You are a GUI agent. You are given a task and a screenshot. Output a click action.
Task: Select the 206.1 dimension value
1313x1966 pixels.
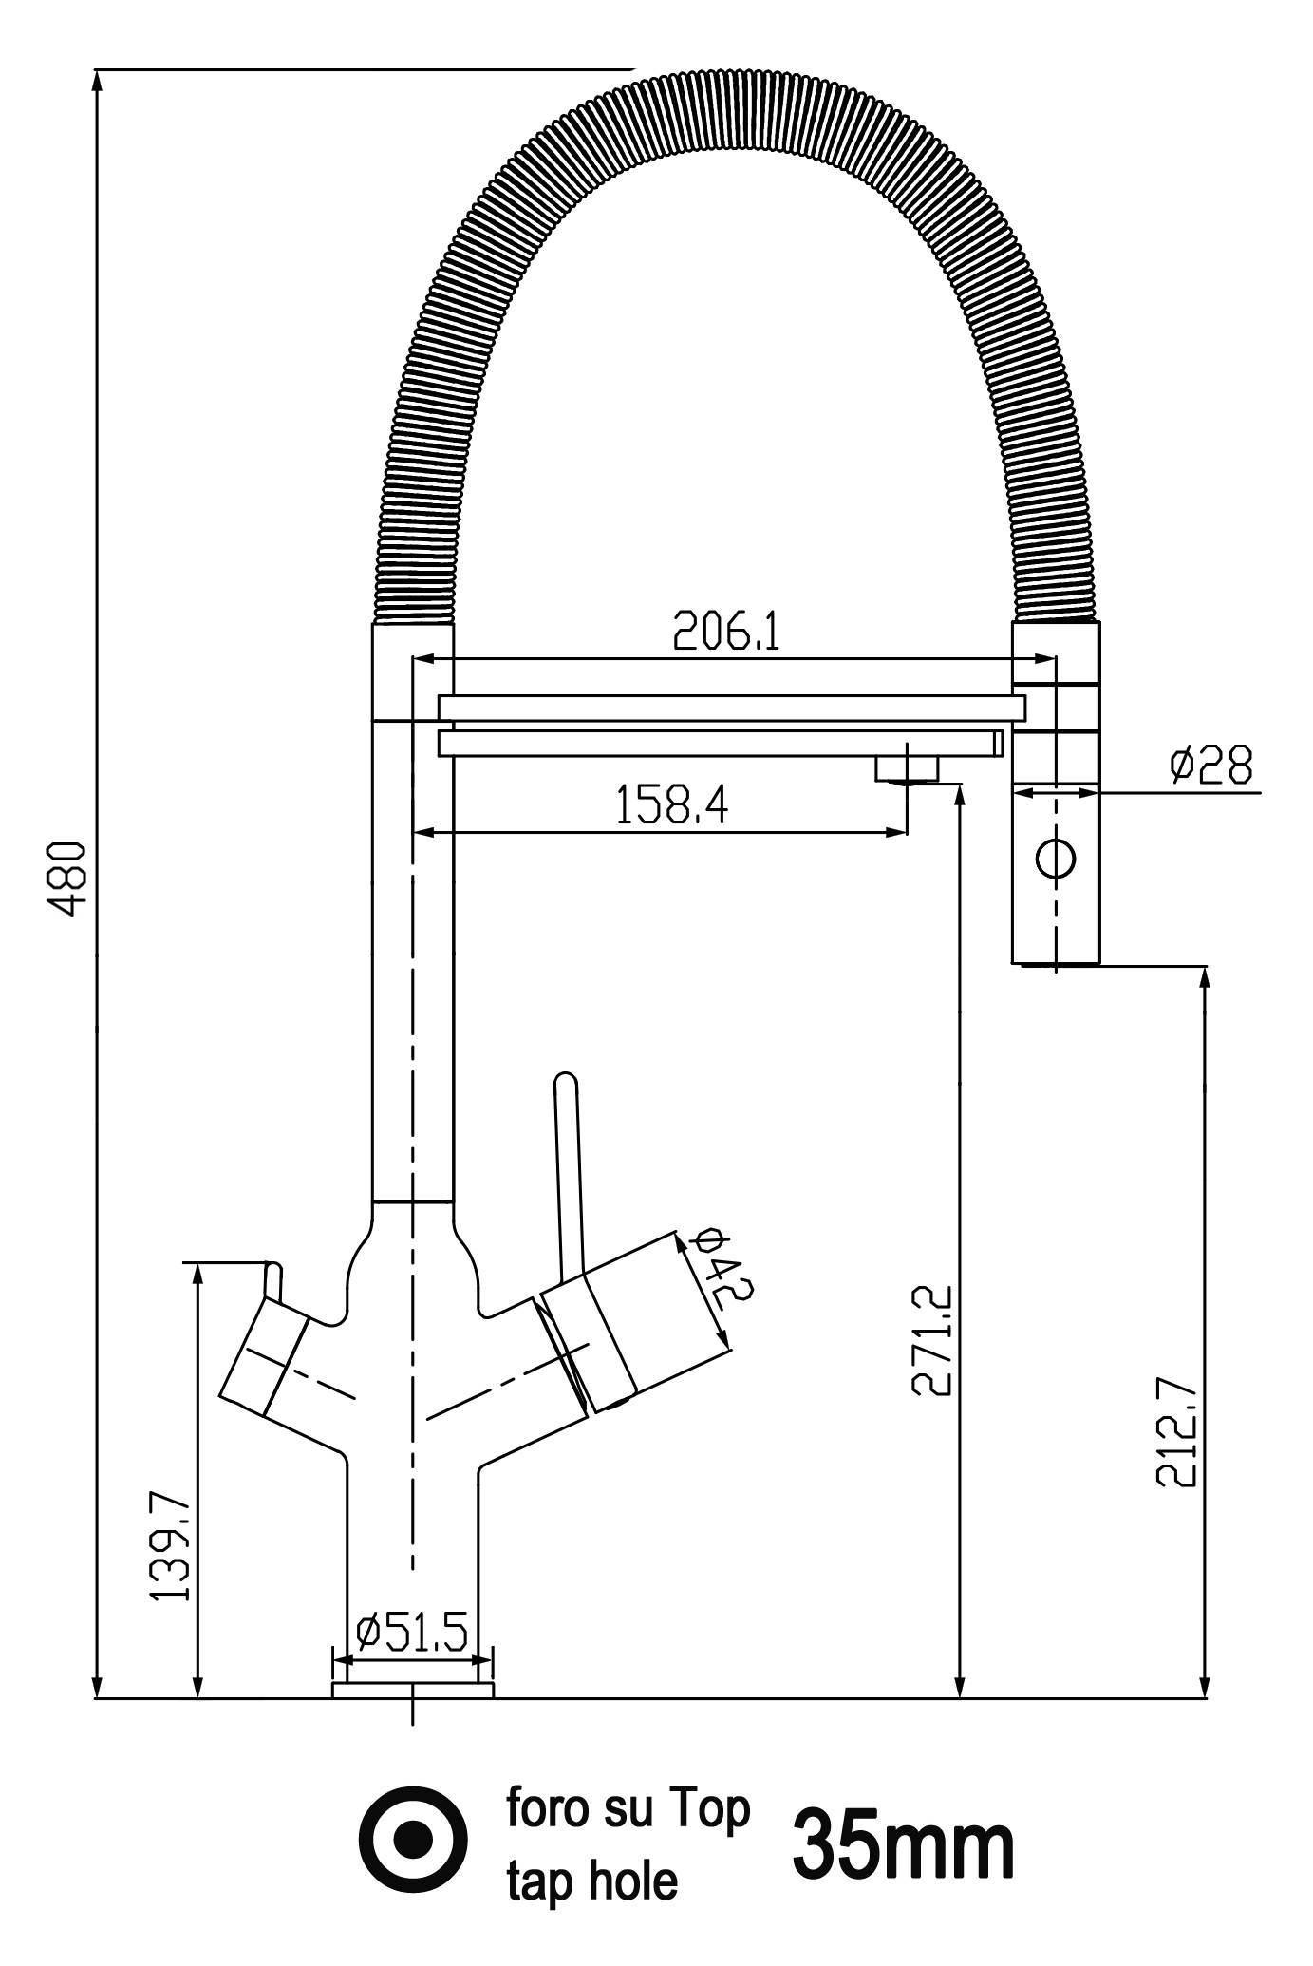[726, 631]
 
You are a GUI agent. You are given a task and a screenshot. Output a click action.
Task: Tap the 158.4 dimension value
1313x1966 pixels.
[672, 806]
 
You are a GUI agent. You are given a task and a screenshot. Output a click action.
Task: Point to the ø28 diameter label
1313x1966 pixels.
[1211, 765]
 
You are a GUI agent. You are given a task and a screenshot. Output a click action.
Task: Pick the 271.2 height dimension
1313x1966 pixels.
[931, 1340]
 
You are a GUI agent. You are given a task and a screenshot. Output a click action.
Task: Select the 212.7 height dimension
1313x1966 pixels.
[1177, 1430]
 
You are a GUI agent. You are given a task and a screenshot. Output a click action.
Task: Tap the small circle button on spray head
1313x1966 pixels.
[1055, 859]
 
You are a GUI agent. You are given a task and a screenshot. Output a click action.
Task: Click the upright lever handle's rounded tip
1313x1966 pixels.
[565, 1083]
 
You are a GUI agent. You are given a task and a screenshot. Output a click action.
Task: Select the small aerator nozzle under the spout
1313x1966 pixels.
[907, 766]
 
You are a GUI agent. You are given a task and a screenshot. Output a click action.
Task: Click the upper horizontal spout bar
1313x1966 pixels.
[731, 708]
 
